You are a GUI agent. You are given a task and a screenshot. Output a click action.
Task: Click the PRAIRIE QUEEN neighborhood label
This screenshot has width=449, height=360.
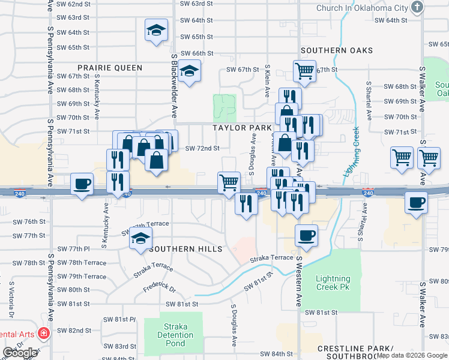pyautogui.click(x=109, y=68)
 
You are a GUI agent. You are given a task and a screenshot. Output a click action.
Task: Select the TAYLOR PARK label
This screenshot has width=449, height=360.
pyautogui.click(x=241, y=128)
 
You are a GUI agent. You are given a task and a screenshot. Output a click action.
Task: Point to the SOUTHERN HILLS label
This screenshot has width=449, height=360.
pyautogui.click(x=187, y=248)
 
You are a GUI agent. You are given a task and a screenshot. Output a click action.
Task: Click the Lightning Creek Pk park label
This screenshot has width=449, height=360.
pyautogui.click(x=333, y=283)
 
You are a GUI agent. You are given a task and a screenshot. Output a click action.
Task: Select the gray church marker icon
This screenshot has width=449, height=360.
pyautogui.click(x=418, y=7)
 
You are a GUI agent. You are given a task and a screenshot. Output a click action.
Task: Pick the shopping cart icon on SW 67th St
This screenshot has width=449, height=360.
pyautogui.click(x=304, y=71)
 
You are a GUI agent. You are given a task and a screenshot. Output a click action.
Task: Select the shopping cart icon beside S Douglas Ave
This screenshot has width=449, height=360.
pyautogui.click(x=229, y=181)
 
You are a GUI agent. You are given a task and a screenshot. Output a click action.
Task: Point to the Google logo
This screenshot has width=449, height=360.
pyautogui.click(x=20, y=353)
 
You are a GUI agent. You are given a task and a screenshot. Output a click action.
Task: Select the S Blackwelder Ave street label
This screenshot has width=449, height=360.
pyautogui.click(x=175, y=86)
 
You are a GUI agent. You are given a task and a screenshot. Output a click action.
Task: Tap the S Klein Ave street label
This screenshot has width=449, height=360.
pyautogui.click(x=267, y=80)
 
